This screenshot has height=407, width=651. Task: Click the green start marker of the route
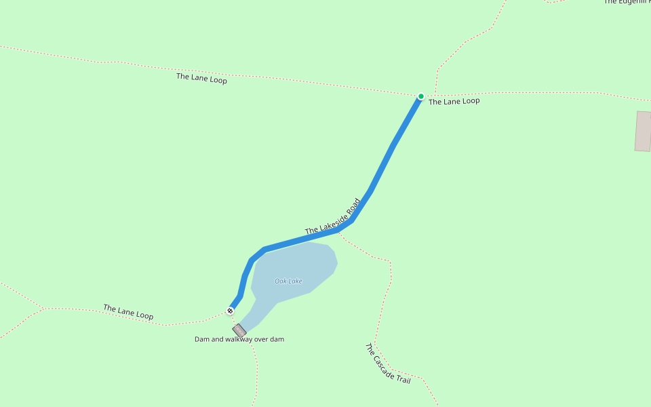coord(420,96)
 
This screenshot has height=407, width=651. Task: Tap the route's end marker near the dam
coord(231,311)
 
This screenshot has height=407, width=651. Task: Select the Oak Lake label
coord(288,281)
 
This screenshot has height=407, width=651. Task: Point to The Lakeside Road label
coord(333,217)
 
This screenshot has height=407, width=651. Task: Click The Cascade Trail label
coord(388,364)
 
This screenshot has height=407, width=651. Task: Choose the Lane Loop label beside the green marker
coord(454,101)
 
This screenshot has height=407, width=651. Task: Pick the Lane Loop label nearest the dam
coord(128,312)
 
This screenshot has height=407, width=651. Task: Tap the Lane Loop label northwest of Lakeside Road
coord(201,78)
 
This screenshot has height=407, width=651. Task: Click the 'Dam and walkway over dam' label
coord(239,338)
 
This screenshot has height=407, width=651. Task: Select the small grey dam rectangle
coord(239,330)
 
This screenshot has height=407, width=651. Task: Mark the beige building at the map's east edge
coord(643,131)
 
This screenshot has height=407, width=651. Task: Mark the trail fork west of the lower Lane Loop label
coord(43,309)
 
